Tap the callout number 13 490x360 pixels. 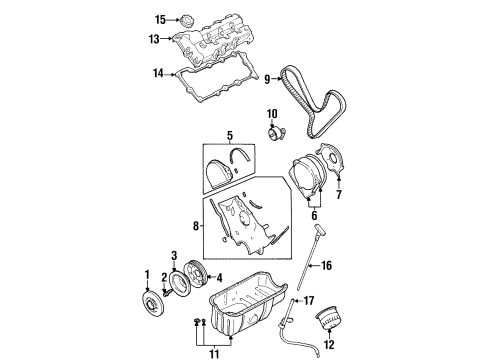point(154,38)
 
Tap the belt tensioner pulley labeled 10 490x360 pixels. point(275,129)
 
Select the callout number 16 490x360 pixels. point(326,266)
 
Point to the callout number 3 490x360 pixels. point(172,256)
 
